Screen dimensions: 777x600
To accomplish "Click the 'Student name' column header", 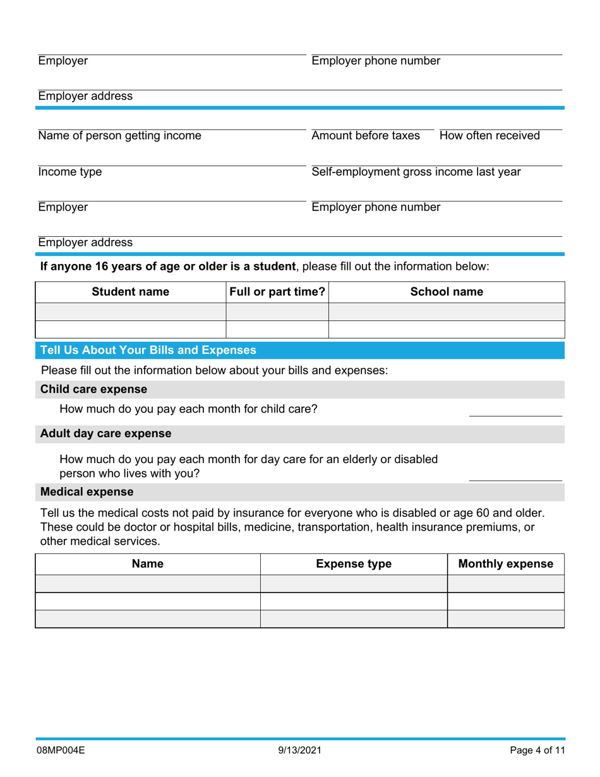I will coord(131,292).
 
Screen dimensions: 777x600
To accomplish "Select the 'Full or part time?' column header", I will coord(277,292).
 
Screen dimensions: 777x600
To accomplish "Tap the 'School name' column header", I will coord(447,292).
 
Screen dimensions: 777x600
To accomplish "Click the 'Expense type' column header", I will coord(354,564).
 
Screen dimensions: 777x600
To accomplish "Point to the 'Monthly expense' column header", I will coord(505,564).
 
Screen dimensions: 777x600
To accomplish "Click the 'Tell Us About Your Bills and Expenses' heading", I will coord(148,350).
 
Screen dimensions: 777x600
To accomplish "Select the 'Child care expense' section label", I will coord(94,389).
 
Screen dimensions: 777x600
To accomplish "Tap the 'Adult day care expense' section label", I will coord(105,433).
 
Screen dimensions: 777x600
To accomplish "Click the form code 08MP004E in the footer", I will coord(62,751).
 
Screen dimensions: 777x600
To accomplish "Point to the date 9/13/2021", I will coord(299,751).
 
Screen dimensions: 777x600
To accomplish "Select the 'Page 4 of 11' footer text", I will coord(537,751).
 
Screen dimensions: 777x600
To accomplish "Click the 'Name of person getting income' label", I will coord(120,136).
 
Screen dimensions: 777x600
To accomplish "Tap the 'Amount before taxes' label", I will coord(366,136).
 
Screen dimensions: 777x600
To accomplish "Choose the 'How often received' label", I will coord(489,136).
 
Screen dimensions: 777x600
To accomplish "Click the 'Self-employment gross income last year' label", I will coord(416,172).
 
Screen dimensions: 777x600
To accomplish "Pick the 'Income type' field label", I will coord(70,172).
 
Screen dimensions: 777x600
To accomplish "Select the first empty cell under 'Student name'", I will coord(131,311).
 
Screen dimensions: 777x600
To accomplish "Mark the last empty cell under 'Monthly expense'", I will coord(505,619).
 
